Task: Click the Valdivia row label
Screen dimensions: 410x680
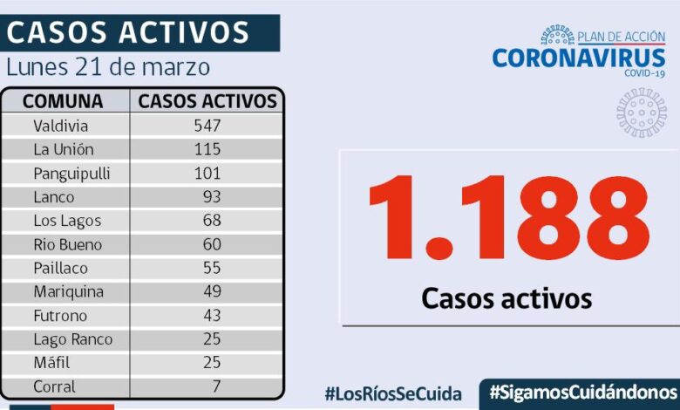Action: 61,126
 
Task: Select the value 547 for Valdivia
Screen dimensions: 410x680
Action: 207,126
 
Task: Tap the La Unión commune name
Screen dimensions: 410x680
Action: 64,149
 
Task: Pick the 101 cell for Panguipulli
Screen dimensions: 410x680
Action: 207,173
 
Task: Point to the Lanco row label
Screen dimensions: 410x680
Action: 54,197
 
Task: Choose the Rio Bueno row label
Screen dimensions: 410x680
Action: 68,244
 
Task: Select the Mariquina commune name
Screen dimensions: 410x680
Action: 68,291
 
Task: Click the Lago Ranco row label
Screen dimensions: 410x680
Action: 73,339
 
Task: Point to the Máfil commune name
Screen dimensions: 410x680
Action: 51,363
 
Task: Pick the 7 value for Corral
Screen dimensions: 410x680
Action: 215,386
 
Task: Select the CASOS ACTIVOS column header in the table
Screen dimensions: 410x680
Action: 207,101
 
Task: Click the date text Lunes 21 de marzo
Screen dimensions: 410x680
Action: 108,66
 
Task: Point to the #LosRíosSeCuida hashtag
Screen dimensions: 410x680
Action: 393,393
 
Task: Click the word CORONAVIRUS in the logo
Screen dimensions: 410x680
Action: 578,58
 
